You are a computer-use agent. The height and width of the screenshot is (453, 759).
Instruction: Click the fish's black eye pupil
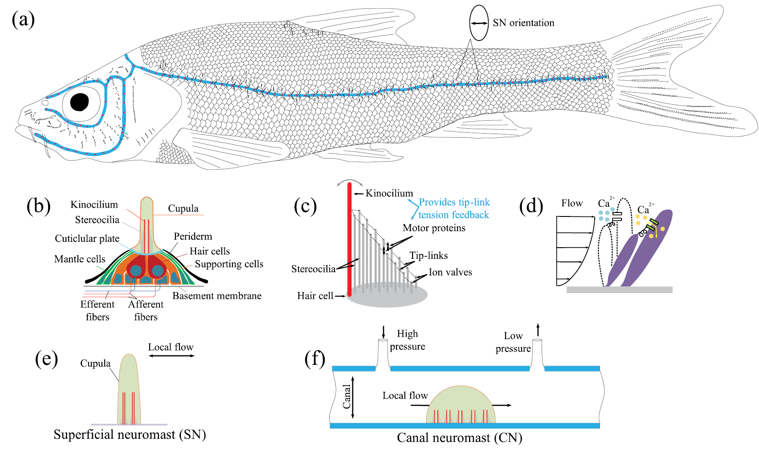tap(79, 102)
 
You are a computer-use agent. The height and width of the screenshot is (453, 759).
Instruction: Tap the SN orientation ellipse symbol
tap(479, 23)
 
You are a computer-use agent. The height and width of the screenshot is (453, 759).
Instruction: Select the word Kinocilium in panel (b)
tap(94, 204)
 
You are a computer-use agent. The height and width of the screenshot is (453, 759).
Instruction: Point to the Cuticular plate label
tap(87, 238)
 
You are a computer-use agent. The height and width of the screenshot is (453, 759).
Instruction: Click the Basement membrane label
tap(216, 296)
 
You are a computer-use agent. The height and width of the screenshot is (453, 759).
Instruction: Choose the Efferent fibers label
tap(97, 310)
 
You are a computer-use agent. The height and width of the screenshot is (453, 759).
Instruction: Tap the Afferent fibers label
tap(146, 310)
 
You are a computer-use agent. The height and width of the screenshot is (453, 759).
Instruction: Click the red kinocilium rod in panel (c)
tap(350, 241)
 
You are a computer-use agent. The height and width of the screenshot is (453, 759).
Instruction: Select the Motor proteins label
tap(434, 228)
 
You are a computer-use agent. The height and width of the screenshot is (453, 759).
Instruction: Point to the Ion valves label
tap(450, 272)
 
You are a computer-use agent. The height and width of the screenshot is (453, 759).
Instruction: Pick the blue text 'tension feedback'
tap(453, 215)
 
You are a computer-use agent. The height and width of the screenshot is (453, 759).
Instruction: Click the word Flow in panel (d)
tap(572, 203)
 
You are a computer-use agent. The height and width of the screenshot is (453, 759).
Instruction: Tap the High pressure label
tap(407, 340)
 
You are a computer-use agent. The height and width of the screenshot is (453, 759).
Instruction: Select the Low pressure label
tap(513, 342)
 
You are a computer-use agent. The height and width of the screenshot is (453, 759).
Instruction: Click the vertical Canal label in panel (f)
tap(347, 397)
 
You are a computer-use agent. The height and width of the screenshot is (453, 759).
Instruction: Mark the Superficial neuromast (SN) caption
tap(130, 434)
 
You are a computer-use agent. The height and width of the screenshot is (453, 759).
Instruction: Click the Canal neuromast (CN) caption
tap(459, 438)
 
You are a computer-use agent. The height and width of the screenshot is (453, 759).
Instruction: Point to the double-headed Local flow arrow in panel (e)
tap(171, 356)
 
